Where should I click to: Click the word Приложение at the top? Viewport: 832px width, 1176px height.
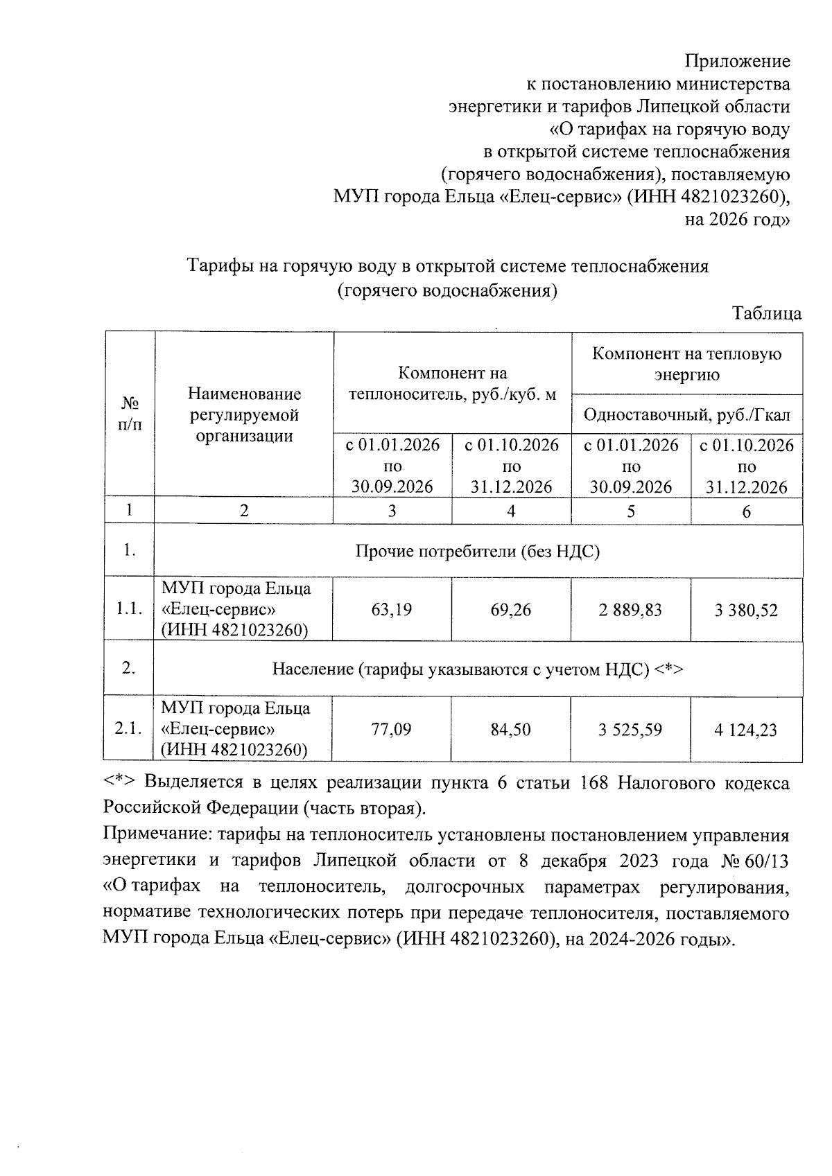(737, 61)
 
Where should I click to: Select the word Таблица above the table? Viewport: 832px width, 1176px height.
(767, 313)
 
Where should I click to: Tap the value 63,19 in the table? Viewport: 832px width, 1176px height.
(392, 610)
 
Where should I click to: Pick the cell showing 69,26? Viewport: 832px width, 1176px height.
(511, 610)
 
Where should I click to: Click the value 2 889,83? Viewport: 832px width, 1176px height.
(630, 610)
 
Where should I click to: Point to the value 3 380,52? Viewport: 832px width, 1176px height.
(746, 611)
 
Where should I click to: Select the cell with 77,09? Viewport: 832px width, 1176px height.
(392, 730)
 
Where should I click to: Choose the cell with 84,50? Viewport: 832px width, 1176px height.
(511, 730)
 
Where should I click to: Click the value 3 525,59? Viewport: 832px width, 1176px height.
(630, 730)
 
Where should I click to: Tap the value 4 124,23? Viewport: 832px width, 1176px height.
(746, 730)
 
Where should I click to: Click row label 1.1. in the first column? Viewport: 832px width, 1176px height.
(129, 610)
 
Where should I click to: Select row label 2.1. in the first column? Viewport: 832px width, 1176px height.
(129, 730)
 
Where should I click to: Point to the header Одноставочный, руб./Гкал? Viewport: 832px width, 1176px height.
(686, 415)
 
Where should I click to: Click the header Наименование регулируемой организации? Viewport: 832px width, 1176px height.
(244, 414)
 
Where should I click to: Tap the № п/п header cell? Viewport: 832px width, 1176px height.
(130, 414)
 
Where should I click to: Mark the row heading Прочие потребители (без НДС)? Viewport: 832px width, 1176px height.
(477, 552)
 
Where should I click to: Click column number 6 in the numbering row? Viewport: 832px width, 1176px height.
(746, 512)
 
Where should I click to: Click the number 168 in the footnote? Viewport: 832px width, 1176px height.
(594, 783)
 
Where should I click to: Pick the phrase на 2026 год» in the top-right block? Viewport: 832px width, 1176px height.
(738, 220)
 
